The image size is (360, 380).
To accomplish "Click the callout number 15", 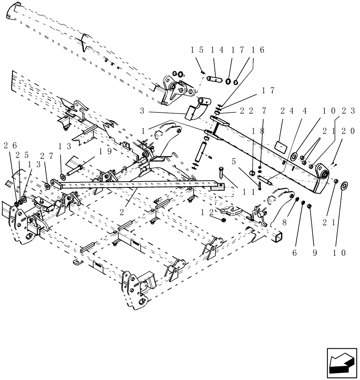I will tap(197, 50).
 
